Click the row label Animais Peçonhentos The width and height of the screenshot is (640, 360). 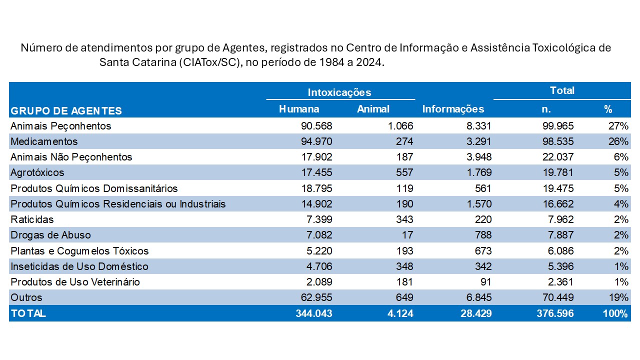tap(60, 126)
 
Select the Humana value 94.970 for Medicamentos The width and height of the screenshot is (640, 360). tap(313, 141)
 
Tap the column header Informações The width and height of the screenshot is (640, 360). tap(453, 109)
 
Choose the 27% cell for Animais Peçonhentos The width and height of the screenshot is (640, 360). tap(618, 126)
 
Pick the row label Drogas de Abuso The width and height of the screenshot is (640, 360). tap(50, 235)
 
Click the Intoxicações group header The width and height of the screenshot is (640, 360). tap(339, 92)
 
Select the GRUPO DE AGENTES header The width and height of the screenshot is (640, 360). tap(66, 110)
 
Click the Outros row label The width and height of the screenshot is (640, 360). tap(26, 297)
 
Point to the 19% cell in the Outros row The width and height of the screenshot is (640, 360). tap(618, 297)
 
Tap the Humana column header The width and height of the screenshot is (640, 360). tap(299, 109)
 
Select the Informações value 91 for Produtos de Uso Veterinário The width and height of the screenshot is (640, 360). tap(485, 282)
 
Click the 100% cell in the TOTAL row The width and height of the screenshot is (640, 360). tap(615, 313)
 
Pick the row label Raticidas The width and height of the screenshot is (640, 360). tap(32, 219)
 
